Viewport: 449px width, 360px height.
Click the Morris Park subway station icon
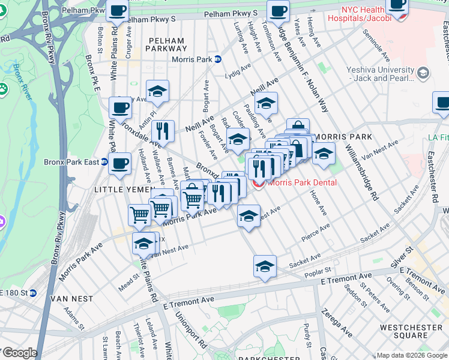[218, 59]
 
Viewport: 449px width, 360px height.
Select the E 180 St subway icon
[34, 293]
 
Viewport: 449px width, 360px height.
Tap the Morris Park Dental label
[302, 182]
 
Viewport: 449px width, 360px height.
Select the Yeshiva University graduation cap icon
[423, 73]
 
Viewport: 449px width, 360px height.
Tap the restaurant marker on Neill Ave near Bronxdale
[163, 130]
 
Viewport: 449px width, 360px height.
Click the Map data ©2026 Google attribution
[412, 355]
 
